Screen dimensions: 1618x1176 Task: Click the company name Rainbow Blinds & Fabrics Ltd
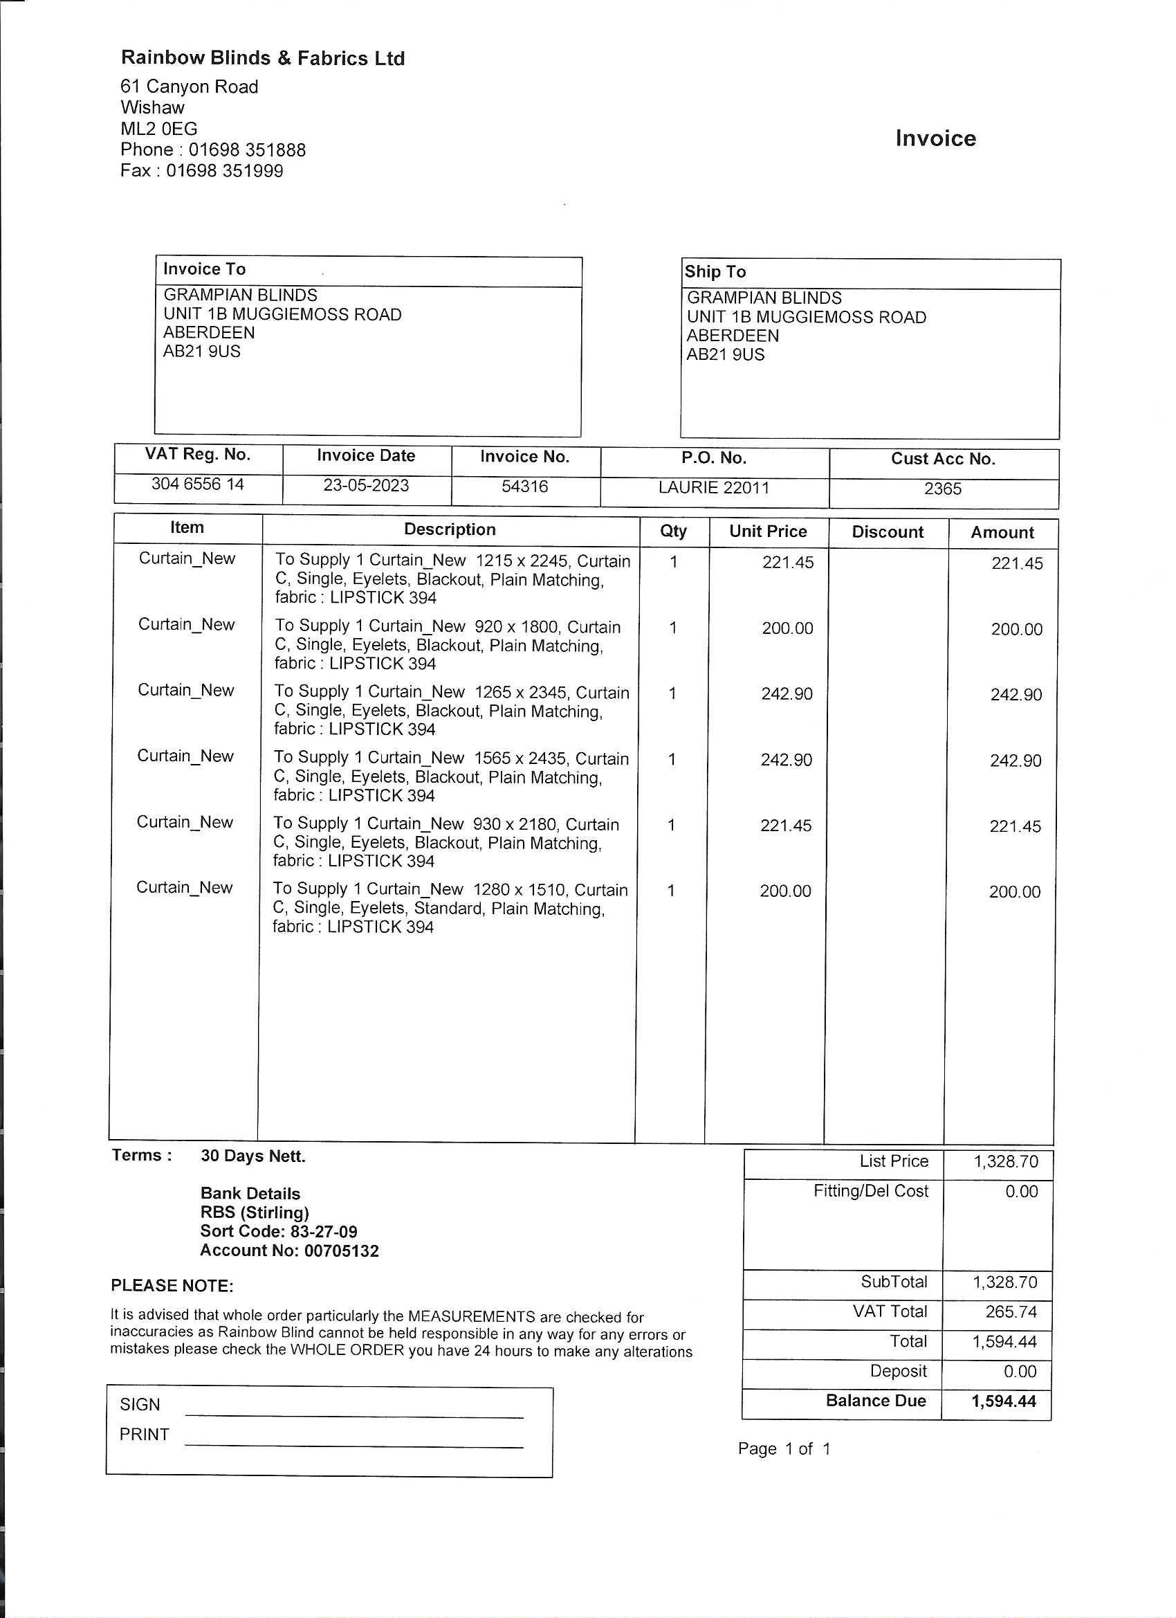[x=262, y=58]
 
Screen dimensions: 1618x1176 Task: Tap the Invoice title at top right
[x=935, y=138]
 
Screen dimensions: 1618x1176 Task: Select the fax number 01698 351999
[x=224, y=171]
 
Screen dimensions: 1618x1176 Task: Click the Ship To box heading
[x=715, y=272]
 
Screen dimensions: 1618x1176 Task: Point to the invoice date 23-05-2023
[x=366, y=486]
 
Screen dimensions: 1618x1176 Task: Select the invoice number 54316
[x=524, y=487]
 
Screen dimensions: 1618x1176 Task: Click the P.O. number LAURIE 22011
[x=713, y=488]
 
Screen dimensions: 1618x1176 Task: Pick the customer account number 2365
[x=942, y=489]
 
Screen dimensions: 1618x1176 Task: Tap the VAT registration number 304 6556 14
[x=198, y=484]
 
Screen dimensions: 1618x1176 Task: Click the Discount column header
[x=886, y=532]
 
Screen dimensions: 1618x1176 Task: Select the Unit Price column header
[x=767, y=531]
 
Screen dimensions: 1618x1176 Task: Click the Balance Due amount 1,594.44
[x=1002, y=1401]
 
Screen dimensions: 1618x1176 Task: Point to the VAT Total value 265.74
[x=1011, y=1312]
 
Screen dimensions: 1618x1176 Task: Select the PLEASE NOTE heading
[x=172, y=1287]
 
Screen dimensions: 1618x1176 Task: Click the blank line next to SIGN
[x=353, y=1413]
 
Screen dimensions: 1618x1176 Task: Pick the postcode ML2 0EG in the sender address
[x=159, y=129]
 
